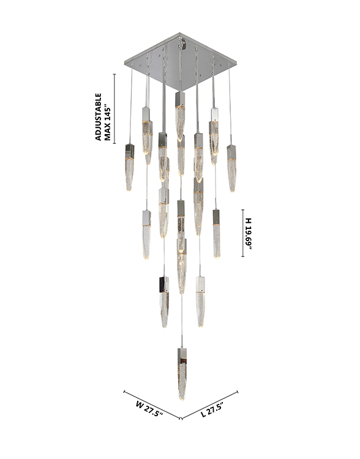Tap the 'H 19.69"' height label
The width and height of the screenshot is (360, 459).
click(x=249, y=234)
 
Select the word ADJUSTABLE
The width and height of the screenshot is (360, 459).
click(x=99, y=117)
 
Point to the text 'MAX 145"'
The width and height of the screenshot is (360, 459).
click(x=108, y=124)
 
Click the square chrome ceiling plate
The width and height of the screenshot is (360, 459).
click(x=180, y=61)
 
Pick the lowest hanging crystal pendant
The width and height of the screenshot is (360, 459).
click(x=182, y=374)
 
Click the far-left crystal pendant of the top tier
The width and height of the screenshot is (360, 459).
click(x=129, y=167)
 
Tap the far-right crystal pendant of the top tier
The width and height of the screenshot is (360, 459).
click(x=231, y=168)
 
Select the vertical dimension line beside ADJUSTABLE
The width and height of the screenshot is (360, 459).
click(x=114, y=109)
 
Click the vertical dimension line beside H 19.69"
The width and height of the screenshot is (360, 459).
click(x=243, y=233)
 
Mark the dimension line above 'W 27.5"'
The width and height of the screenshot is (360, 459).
click(x=152, y=405)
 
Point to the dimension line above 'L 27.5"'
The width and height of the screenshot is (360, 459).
click(x=210, y=405)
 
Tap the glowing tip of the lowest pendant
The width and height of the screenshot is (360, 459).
click(x=182, y=398)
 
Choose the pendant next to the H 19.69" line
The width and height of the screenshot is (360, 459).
click(x=217, y=234)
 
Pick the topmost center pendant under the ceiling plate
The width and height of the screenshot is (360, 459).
click(x=180, y=116)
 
